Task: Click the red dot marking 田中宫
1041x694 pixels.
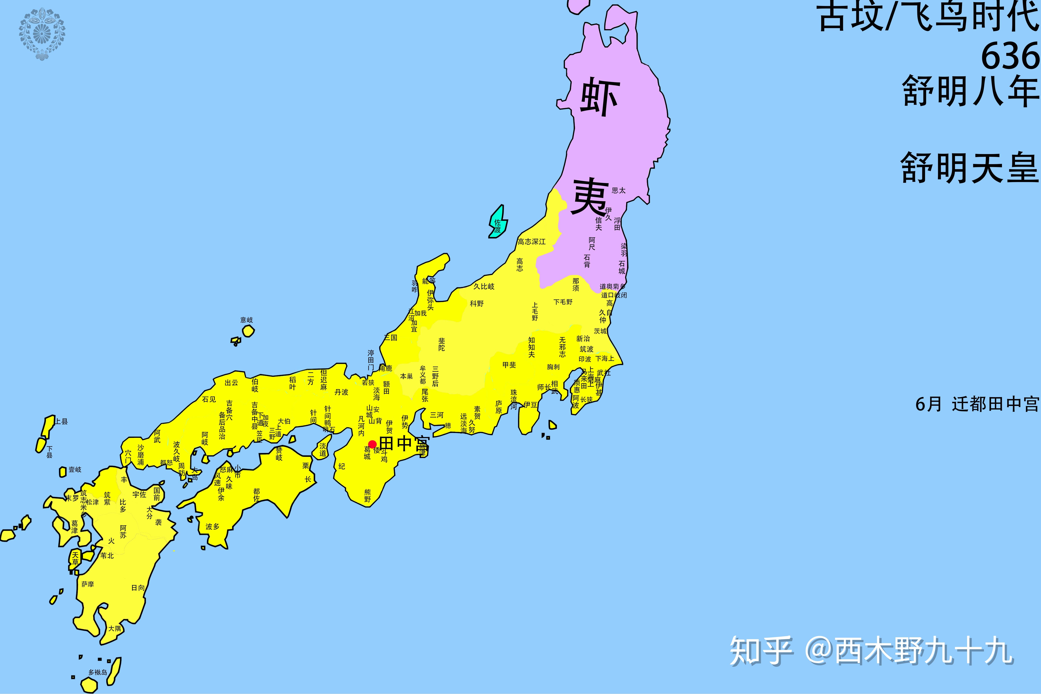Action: [372, 444]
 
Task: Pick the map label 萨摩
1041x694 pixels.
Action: [88, 584]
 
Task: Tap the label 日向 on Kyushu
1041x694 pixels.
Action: [138, 588]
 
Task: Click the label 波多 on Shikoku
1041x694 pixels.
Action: [212, 527]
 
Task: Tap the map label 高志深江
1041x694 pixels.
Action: [532, 242]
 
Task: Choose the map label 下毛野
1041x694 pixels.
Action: [563, 302]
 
